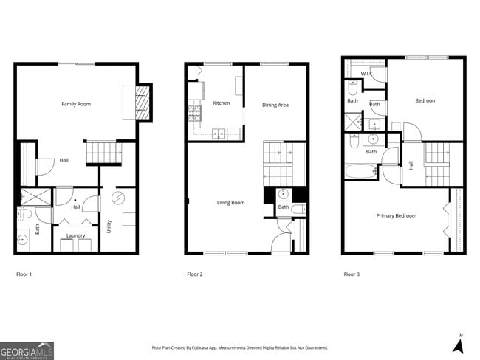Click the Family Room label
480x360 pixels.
tap(76, 104)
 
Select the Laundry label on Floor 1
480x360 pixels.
tap(75, 235)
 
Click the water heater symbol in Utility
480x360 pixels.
tap(118, 198)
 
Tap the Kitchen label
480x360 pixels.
tap(221, 103)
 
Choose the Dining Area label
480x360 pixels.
tap(275, 105)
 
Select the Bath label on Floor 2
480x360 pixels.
tap(284, 207)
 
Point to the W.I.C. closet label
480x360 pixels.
tap(366, 74)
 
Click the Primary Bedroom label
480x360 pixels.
tap(396, 215)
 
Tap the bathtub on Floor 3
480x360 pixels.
tap(362, 171)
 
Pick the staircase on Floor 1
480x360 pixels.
tap(102, 153)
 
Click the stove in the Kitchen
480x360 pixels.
tap(196, 113)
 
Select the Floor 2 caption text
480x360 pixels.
tap(195, 274)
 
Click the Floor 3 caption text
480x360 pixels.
tap(352, 274)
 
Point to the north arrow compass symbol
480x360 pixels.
tap(459, 344)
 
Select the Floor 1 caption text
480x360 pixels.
tap(24, 274)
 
